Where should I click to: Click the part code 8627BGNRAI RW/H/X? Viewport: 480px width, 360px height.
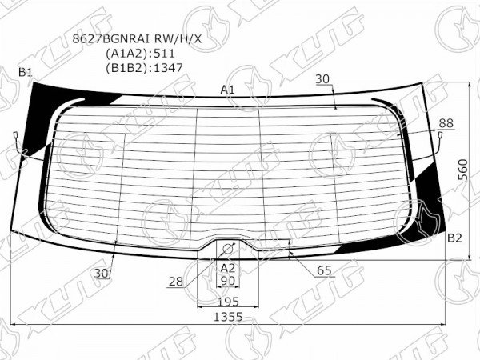coord(137,39)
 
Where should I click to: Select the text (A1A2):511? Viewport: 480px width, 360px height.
coord(140,54)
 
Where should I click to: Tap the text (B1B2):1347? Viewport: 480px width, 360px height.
coord(144,68)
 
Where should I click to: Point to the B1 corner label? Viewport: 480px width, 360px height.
coord(26,72)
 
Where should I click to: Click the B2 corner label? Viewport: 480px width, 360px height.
coord(454,238)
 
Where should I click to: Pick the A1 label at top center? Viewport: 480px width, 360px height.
coord(227,90)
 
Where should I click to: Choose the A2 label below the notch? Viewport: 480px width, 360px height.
coord(228,268)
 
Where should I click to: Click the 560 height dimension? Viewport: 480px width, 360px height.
coord(463,170)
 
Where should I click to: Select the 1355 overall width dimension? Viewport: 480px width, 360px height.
coord(228,317)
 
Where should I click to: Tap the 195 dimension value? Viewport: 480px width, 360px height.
coord(228,302)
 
